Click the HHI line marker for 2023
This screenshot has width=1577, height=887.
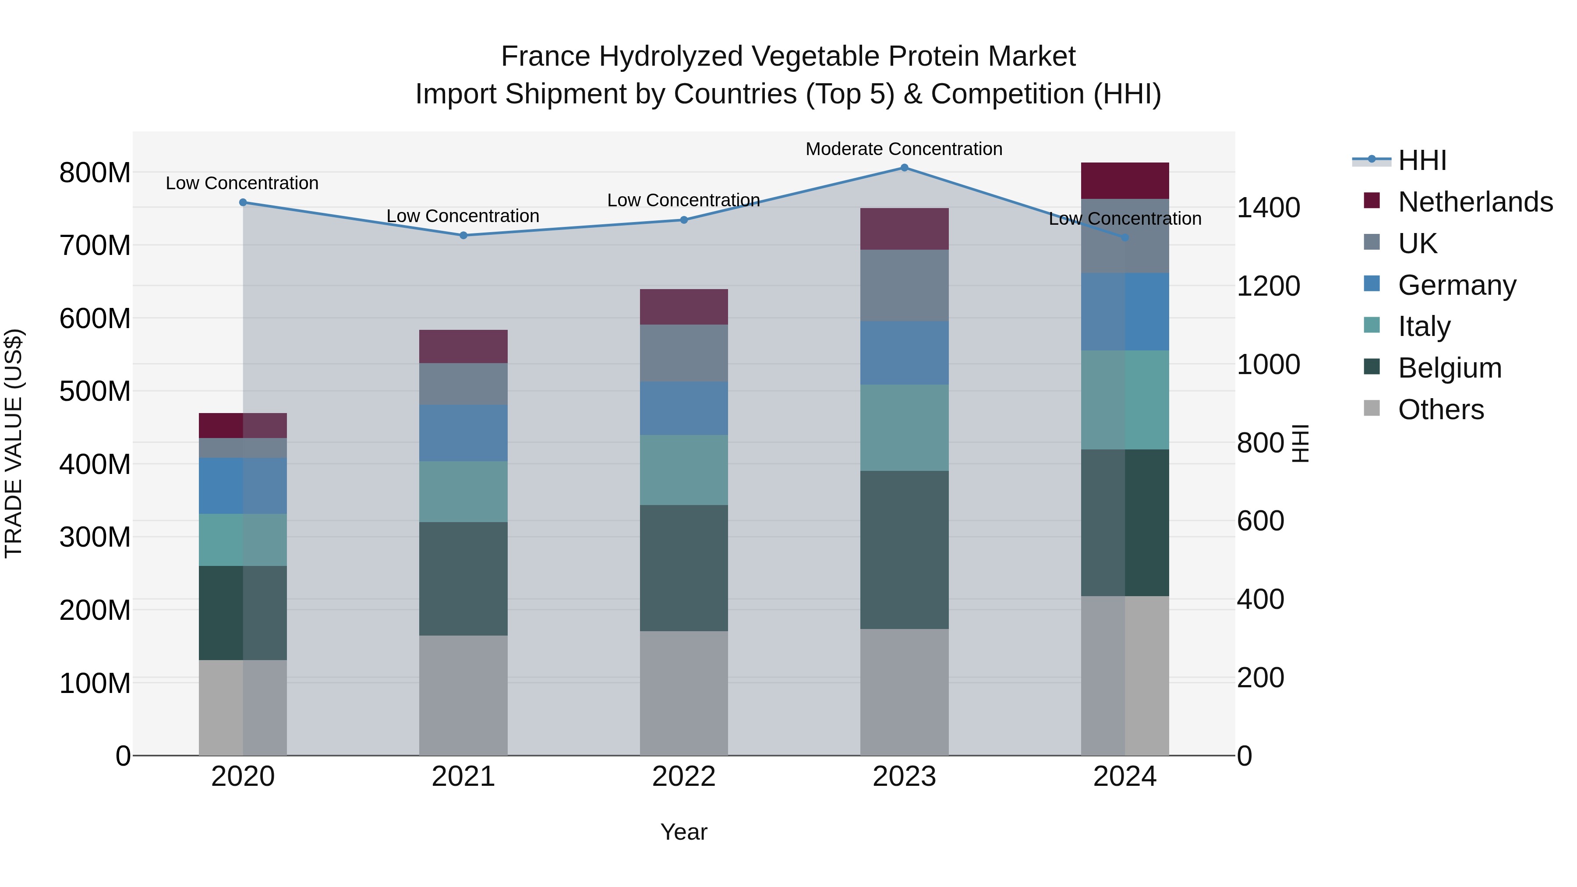[x=904, y=168]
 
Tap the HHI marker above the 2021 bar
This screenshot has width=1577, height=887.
[x=463, y=236]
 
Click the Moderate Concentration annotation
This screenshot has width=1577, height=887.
[x=904, y=149]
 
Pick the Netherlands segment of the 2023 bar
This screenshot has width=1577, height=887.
[x=904, y=229]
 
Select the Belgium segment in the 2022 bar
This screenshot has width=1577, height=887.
[x=684, y=568]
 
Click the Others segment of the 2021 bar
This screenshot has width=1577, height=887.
[x=463, y=696]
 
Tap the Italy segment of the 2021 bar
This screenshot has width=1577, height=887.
[x=463, y=491]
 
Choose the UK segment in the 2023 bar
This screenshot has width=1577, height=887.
[x=904, y=285]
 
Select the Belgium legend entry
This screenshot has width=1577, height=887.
[x=1450, y=368]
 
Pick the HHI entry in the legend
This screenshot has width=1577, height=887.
[x=1422, y=160]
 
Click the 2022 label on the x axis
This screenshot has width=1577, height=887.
[x=684, y=777]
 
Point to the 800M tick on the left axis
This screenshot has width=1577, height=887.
[x=95, y=173]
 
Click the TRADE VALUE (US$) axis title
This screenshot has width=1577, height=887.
[x=14, y=443]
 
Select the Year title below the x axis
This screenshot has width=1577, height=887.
[x=684, y=832]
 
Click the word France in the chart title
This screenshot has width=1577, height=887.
[x=546, y=57]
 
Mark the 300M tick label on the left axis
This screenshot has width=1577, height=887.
[x=95, y=537]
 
